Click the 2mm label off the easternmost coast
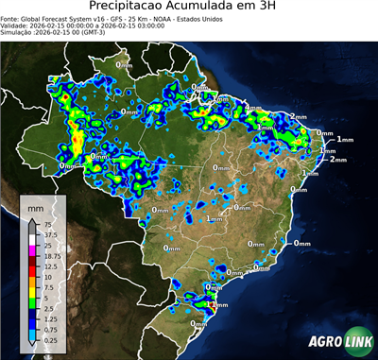(x=337, y=159)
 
